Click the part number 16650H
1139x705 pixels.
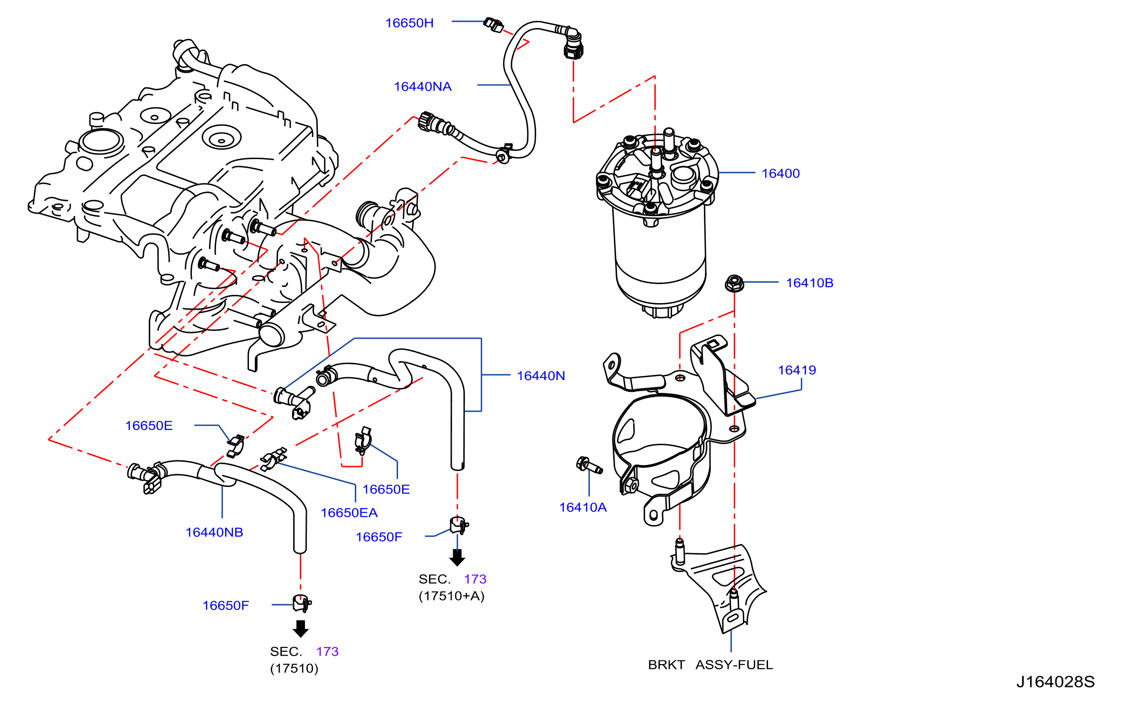[x=409, y=23]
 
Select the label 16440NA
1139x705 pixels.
[x=423, y=86]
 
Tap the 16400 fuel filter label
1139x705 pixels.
[x=781, y=173]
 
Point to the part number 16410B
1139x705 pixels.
[x=810, y=283]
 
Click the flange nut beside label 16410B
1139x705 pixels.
[x=734, y=283]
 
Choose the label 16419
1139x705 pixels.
[x=797, y=370]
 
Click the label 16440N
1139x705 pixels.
[x=541, y=376]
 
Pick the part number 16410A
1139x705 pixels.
[x=583, y=507]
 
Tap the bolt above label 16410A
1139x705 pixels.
[x=589, y=465]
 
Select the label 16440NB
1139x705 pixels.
[x=214, y=532]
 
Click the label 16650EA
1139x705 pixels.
[x=349, y=513]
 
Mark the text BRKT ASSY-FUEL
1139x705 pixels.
[x=711, y=665]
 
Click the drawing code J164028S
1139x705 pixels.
[x=1055, y=682]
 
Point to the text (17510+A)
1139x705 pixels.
[x=452, y=596]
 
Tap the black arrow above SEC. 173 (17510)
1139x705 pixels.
[x=301, y=629]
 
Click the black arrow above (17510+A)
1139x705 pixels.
[x=457, y=558]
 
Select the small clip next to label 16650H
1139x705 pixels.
[x=494, y=25]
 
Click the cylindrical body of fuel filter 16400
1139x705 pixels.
[x=660, y=257]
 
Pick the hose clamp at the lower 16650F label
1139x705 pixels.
[x=302, y=603]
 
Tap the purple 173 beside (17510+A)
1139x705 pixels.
[x=475, y=579]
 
